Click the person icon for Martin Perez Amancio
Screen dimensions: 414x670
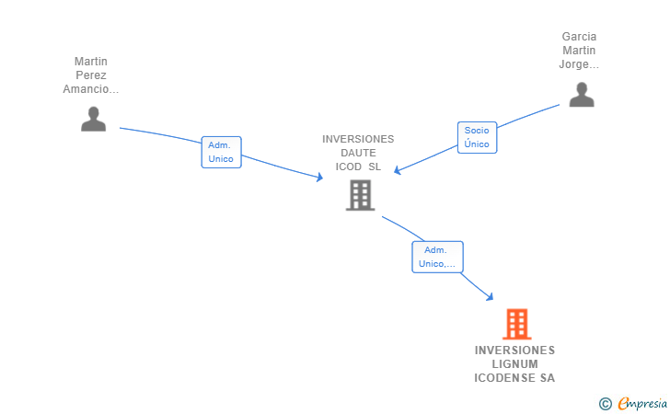[x=93, y=119]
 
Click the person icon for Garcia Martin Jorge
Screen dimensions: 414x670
[x=581, y=95]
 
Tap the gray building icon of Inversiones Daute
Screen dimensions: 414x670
[x=360, y=195]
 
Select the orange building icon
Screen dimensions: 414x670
[x=516, y=324]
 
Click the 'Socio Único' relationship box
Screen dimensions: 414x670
[x=477, y=138]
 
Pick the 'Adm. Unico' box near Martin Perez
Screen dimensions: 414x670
[x=221, y=152]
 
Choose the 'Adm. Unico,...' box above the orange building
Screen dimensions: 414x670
[x=437, y=257]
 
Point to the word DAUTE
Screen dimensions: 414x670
[x=358, y=153]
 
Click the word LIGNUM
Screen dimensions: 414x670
[x=514, y=364]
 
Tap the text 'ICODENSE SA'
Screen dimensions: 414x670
[x=514, y=378]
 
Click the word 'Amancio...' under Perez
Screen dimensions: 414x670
[x=91, y=89]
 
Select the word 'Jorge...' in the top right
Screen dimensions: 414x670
[x=579, y=64]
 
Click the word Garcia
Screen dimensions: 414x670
[x=579, y=37]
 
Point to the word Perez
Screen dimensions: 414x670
[x=91, y=75]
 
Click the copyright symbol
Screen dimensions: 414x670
[x=605, y=403]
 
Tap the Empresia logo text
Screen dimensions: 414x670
[x=642, y=403]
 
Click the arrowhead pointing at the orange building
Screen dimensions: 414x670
[x=491, y=296]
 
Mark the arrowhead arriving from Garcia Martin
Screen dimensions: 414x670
[x=397, y=170]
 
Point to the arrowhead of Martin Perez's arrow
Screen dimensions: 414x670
[x=318, y=178]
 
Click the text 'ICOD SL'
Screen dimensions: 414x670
[x=358, y=167]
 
